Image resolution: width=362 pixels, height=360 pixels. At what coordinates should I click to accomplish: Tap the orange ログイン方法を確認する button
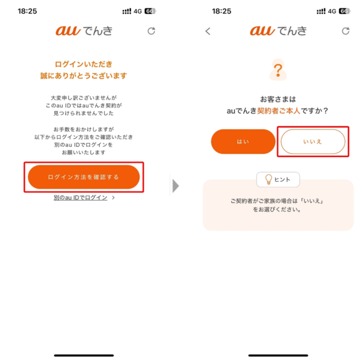84,177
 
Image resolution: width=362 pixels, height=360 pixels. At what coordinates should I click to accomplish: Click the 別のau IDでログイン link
80,197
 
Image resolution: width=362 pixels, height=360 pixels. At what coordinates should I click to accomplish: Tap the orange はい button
243,142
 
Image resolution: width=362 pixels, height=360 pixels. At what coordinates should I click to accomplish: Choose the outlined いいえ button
313,142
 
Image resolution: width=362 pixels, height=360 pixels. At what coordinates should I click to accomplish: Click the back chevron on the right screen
208,31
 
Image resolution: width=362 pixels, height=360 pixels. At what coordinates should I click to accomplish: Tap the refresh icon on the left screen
151,31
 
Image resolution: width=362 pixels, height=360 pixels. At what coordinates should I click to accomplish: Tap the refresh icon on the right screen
345,31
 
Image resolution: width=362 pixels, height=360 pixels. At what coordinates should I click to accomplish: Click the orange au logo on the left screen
68,31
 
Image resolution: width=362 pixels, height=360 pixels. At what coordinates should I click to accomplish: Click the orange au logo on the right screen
262,31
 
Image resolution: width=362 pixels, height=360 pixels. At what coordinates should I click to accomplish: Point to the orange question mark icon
278,70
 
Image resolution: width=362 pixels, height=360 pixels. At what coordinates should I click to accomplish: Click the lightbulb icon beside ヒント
269,179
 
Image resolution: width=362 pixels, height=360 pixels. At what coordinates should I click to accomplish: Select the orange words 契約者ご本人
278,111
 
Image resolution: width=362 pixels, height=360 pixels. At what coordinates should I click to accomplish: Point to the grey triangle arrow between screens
176,186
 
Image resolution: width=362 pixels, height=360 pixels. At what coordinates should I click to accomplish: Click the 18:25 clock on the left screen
27,11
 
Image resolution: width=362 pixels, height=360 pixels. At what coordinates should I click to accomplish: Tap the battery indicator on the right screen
345,11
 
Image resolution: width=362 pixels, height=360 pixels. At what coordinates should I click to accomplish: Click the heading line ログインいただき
84,64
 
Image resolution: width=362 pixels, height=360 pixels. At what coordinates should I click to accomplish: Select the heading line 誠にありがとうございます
84,76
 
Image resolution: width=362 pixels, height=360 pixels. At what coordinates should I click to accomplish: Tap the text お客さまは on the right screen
278,100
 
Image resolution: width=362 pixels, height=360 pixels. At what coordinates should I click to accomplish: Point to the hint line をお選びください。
277,209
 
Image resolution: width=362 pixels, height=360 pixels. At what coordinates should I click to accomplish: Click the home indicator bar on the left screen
84,356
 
